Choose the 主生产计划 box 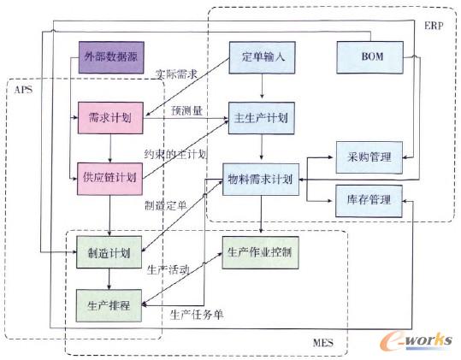click(x=262, y=116)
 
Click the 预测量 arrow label click(x=186, y=109)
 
